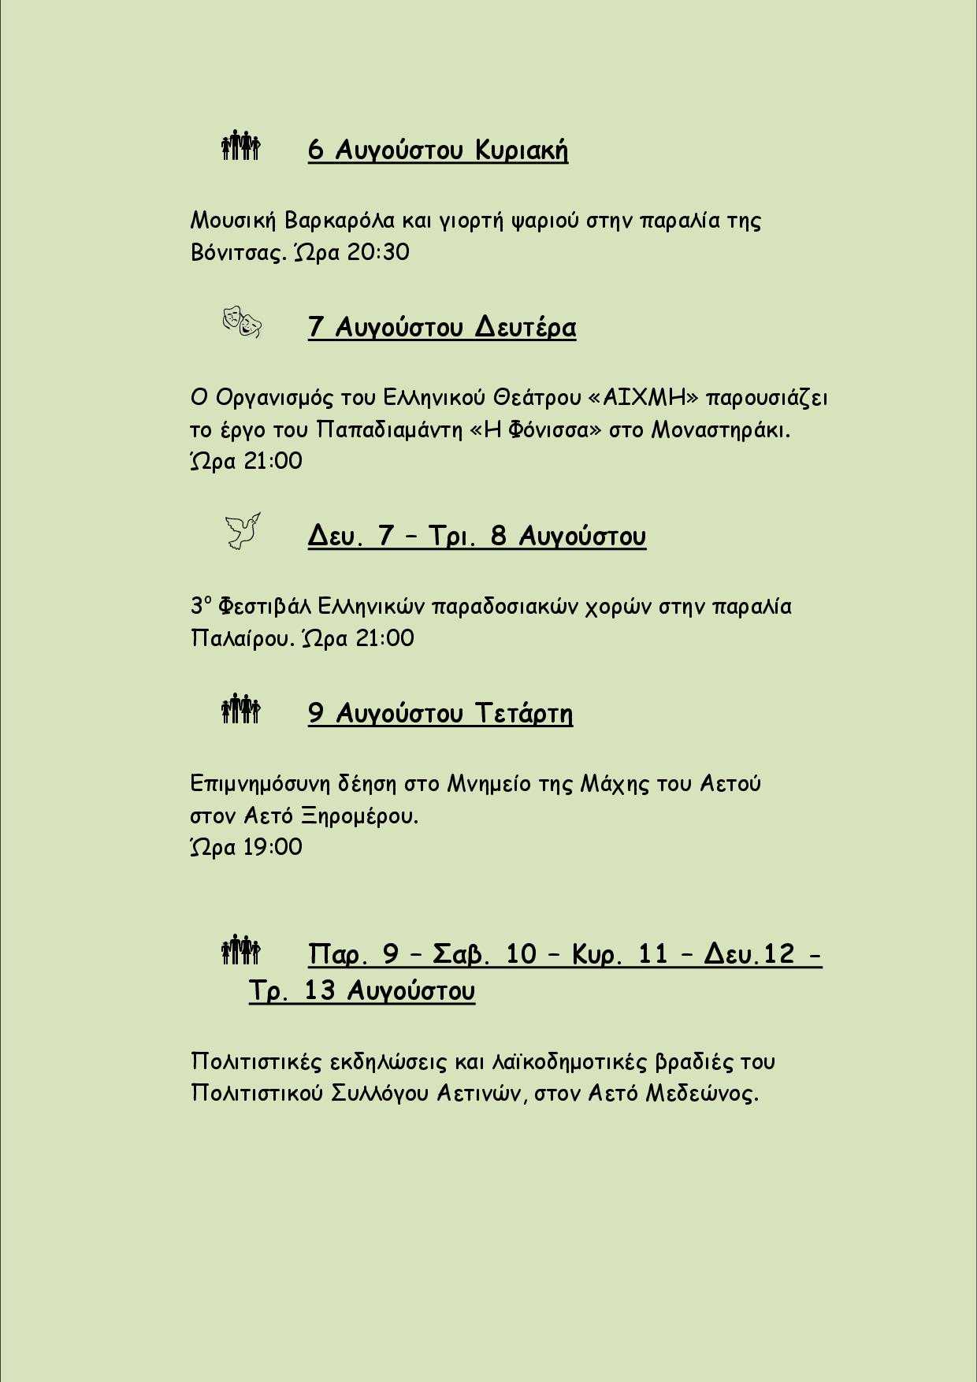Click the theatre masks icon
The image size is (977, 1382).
242,322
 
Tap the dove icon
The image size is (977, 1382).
242,531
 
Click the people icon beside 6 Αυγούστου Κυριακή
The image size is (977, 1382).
241,146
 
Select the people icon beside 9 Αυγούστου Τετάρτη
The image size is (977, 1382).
241,709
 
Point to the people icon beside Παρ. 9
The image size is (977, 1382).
241,949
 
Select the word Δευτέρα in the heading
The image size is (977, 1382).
525,327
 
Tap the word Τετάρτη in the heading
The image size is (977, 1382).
523,713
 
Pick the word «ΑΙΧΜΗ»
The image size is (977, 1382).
644,397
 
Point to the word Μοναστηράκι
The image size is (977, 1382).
720,430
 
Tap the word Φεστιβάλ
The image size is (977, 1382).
264,607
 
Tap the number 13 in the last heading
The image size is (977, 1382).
320,990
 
